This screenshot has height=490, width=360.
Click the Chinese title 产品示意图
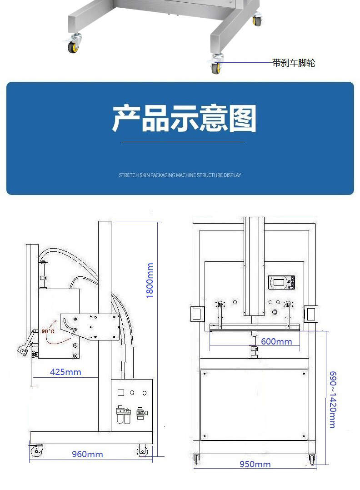(x=184, y=119)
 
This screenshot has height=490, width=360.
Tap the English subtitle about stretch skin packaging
(x=180, y=175)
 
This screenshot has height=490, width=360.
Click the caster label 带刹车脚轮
(x=294, y=63)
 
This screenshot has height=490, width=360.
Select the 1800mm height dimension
(x=150, y=280)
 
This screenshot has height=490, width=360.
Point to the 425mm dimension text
(x=65, y=372)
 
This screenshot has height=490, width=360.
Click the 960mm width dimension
(x=87, y=454)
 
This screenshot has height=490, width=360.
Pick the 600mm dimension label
(x=276, y=341)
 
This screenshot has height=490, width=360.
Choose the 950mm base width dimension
(x=255, y=464)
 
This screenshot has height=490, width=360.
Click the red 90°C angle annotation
(x=48, y=331)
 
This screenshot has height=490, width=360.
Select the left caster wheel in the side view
(x=36, y=450)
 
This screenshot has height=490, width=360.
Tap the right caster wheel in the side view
(x=142, y=450)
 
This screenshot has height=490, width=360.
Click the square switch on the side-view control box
(x=121, y=393)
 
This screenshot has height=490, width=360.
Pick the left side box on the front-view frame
(x=197, y=313)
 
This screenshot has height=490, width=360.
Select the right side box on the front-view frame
(x=311, y=313)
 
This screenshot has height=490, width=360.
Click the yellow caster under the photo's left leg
(x=73, y=46)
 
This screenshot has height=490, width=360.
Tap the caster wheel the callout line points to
(x=216, y=67)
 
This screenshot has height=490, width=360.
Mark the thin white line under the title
(x=182, y=142)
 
